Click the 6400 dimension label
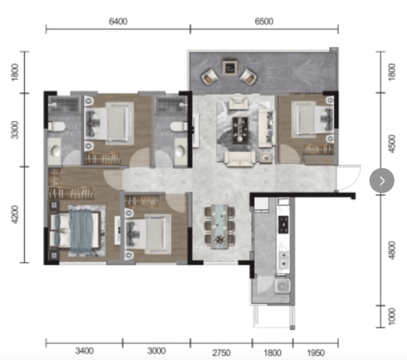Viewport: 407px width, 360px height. [118, 21]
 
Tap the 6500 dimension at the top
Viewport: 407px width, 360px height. [264, 21]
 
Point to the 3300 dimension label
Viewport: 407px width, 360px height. [15, 130]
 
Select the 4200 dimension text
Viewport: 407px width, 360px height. [15, 214]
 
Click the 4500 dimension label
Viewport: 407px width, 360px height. [392, 144]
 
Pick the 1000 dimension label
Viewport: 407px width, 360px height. [392, 316]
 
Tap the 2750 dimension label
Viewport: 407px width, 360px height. [221, 352]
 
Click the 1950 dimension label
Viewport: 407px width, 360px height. [316, 352]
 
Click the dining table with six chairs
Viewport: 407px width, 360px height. [219, 226]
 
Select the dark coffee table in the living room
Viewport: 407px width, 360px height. [240, 130]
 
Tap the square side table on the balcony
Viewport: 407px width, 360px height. [229, 68]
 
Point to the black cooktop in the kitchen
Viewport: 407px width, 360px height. [283, 225]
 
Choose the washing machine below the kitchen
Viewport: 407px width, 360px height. [282, 286]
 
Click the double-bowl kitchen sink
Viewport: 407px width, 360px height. [283, 260]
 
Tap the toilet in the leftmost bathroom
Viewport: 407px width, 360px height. [57, 127]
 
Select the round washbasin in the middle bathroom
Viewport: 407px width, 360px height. [180, 151]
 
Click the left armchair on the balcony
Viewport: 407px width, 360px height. [209, 77]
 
